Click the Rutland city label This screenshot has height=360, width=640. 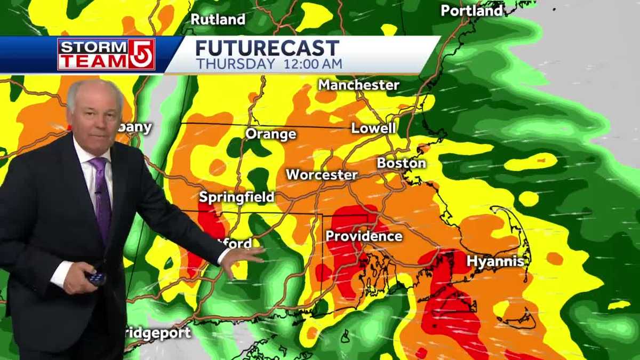point(218,20)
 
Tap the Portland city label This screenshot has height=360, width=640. point(471,11)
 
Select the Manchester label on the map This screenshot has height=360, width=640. point(358,85)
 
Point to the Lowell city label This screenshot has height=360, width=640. point(373,129)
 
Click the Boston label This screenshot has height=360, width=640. point(401,163)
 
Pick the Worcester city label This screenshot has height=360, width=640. point(321,175)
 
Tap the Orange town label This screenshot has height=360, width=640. point(270,134)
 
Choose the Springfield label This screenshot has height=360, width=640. point(236,197)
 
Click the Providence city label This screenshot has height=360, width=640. point(364,236)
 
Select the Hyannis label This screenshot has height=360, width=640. point(495,261)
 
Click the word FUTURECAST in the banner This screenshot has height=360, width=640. point(267,49)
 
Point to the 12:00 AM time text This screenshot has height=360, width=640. point(309,64)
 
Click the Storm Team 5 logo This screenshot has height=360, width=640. point(106,54)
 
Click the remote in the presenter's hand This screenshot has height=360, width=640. point(96,278)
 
